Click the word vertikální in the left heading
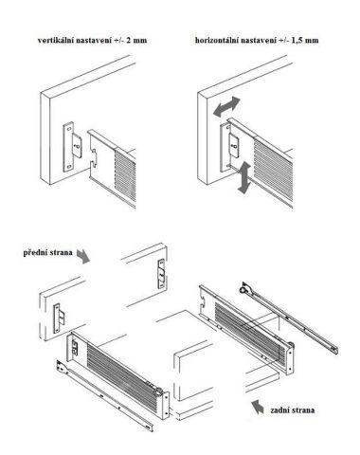[x=56, y=41]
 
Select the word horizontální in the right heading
[x=217, y=41]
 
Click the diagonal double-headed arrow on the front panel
[x=226, y=107]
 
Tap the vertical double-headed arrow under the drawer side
[x=243, y=177]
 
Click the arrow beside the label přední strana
[x=83, y=256]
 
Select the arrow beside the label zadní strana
[x=257, y=407]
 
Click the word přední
[x=34, y=253]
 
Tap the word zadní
[x=280, y=410]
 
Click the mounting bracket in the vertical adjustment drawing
[x=72, y=147]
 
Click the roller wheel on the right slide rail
[x=243, y=289]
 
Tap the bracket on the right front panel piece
[x=161, y=273]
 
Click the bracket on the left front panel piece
[x=59, y=318]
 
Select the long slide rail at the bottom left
[x=105, y=396]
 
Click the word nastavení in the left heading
[x=94, y=41]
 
